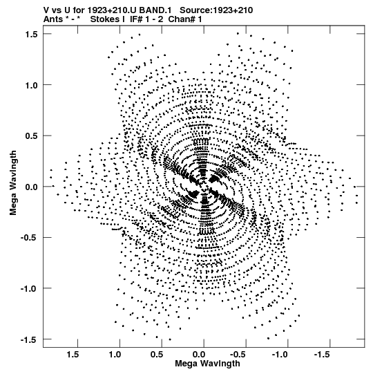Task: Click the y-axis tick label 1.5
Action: point(31,34)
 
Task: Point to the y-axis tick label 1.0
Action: point(31,85)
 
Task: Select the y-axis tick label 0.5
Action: point(31,135)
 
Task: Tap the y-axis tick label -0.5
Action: point(29,238)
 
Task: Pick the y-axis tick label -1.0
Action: point(29,288)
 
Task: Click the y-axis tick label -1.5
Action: point(29,339)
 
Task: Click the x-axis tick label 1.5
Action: point(73,355)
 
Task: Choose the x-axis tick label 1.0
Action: point(115,355)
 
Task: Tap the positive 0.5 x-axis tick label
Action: point(157,355)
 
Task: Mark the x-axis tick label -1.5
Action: point(321,355)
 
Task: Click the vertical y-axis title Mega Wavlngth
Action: point(13,183)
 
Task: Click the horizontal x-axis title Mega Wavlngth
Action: point(207,364)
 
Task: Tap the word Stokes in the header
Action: point(105,19)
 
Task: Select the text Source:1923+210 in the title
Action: point(216,10)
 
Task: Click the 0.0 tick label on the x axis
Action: point(199,355)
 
